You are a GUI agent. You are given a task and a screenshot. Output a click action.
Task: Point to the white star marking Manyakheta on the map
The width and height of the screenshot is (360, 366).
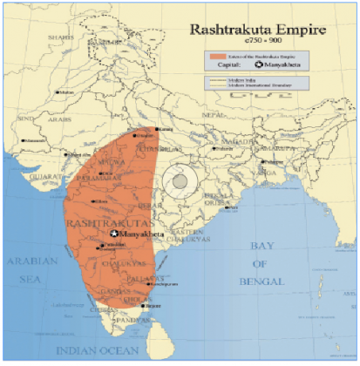(114, 234)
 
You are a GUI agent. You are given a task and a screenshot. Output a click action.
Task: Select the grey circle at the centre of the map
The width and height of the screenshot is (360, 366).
(180, 180)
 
